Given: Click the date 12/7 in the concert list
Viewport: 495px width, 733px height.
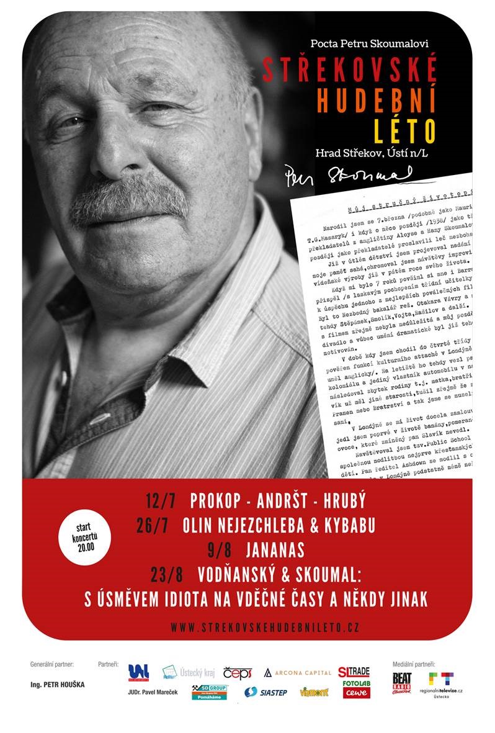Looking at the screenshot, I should (161, 501).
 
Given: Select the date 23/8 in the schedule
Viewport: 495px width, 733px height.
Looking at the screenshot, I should (167, 574).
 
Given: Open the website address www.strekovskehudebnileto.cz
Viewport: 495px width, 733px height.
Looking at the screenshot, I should (265, 627).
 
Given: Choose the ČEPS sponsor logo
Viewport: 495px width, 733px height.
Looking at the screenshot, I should (238, 673).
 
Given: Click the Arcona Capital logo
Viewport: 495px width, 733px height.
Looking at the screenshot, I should (297, 673).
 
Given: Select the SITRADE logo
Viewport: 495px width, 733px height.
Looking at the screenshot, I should (354, 672).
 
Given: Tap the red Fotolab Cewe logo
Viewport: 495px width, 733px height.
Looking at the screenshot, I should (356, 690).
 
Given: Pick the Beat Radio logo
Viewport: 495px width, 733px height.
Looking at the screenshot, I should (401, 683).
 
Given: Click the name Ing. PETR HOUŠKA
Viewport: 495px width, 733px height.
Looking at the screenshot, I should (58, 685).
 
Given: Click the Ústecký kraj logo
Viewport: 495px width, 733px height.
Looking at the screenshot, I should (189, 672).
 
